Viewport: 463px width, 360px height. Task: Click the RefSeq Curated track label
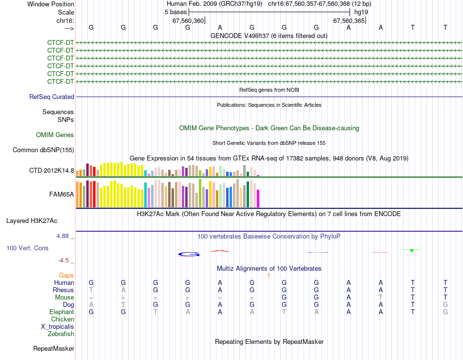(x=51, y=97)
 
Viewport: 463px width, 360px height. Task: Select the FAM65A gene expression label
(x=61, y=194)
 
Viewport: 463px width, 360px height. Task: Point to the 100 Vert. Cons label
(x=27, y=248)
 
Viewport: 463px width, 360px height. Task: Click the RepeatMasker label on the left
(x=54, y=349)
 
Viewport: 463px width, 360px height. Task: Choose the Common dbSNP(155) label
(x=43, y=150)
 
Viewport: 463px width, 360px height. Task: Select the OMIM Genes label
(x=55, y=135)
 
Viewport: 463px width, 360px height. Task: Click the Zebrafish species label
(x=61, y=334)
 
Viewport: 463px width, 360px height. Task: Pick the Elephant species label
(x=61, y=312)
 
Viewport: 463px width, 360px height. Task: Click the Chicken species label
(x=62, y=320)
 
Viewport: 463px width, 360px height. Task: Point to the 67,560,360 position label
(x=188, y=21)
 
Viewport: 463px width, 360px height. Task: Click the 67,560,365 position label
(x=348, y=21)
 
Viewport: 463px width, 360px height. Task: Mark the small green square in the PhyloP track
(x=412, y=250)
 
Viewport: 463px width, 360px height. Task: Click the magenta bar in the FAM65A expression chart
(x=258, y=198)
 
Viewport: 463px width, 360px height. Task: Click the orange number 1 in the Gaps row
(x=269, y=276)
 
